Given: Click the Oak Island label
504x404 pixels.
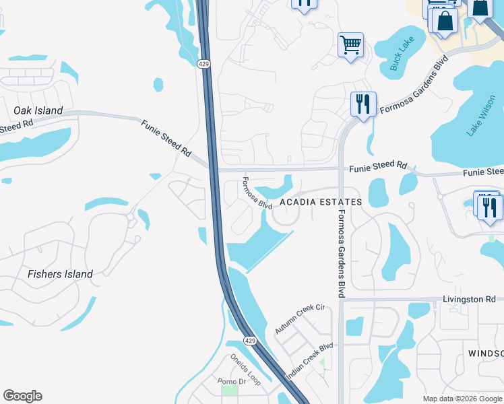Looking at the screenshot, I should (x=38, y=110).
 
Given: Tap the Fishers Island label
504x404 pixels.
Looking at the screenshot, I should (x=60, y=274).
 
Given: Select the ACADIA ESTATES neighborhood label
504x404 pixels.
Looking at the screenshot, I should (x=321, y=202).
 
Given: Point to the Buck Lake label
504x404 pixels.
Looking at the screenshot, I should (x=402, y=55).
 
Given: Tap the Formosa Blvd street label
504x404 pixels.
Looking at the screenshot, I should (x=256, y=193).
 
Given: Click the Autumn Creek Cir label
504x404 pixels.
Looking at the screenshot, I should (x=300, y=318).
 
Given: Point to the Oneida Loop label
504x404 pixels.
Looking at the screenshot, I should (x=245, y=370).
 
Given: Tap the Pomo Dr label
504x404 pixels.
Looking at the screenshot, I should (x=229, y=381).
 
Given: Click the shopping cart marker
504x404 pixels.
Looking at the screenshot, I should (x=350, y=45).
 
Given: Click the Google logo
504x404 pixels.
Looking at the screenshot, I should (x=22, y=396).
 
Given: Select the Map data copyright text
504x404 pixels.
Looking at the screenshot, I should (x=462, y=399).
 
